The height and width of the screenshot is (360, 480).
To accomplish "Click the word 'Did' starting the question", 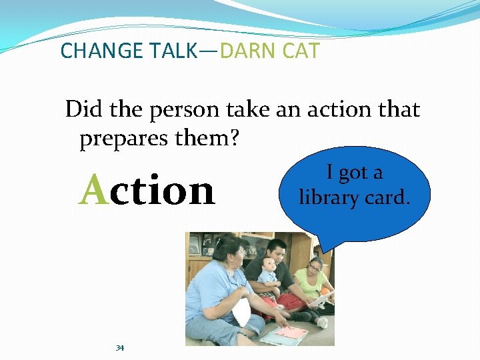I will tap(83, 109).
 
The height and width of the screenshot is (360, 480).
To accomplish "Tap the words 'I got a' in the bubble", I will tap(354, 173).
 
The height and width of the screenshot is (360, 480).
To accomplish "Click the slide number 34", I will tap(120, 348).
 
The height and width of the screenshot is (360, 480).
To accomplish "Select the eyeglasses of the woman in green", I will tap(315, 268).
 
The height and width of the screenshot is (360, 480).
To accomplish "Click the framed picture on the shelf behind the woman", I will tap(194, 246).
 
